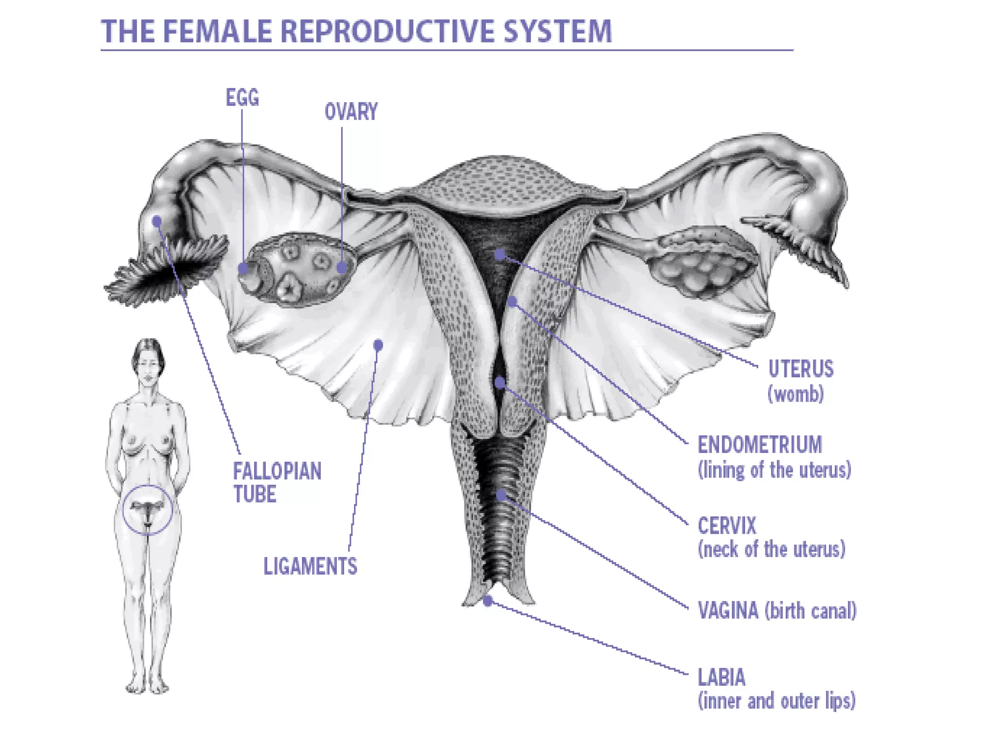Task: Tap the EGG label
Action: [x=242, y=98]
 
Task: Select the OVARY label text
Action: [x=351, y=112]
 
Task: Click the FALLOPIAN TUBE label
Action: [x=277, y=483]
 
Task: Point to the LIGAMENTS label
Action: [x=310, y=566]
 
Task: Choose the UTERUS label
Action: [x=800, y=369]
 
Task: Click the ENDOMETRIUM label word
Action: [x=759, y=445]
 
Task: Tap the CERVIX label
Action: [x=727, y=526]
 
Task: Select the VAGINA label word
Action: [x=728, y=611]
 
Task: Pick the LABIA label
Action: [x=721, y=677]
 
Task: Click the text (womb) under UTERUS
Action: [x=795, y=394]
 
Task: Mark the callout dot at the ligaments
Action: [x=378, y=345]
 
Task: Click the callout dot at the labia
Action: [x=488, y=601]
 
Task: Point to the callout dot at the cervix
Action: [x=499, y=382]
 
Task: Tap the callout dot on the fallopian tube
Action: [x=157, y=222]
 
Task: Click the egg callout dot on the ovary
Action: [x=243, y=268]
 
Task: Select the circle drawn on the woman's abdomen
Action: [x=147, y=510]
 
